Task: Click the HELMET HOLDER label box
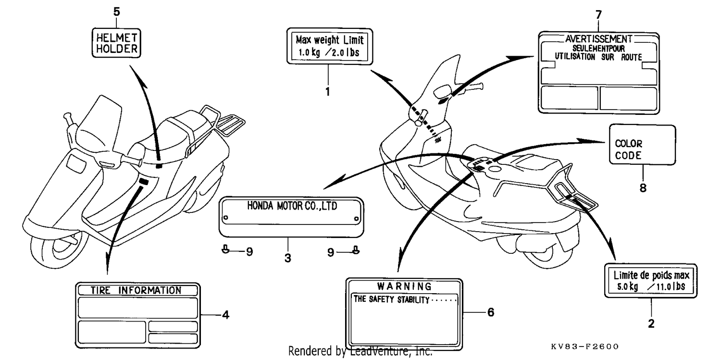(116, 43)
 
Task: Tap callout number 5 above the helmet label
(116, 12)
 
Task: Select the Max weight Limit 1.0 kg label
(330, 46)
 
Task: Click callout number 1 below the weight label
(328, 92)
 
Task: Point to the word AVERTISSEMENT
(598, 39)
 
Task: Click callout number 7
(598, 14)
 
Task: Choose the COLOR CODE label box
(643, 145)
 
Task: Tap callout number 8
(643, 188)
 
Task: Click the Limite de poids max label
(651, 281)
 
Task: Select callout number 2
(651, 323)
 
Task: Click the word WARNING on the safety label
(404, 286)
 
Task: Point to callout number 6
(491, 312)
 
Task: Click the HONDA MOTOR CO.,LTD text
(292, 206)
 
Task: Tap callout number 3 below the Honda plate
(288, 258)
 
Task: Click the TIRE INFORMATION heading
(136, 290)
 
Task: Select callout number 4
(226, 315)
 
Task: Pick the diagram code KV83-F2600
(584, 347)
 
